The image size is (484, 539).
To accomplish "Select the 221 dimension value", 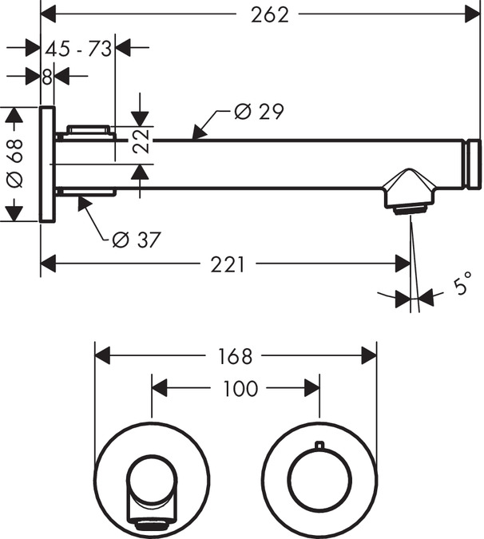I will pyautogui.click(x=228, y=264).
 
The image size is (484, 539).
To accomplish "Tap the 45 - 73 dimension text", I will pyautogui.click(x=77, y=49).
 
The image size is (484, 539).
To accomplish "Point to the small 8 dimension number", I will pyautogui.click(x=47, y=77).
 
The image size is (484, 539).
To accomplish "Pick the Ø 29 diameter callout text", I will pyautogui.click(x=259, y=111).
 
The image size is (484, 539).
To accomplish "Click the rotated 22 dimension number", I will pyautogui.click(x=141, y=142).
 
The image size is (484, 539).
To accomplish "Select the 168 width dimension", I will pyautogui.click(x=236, y=355).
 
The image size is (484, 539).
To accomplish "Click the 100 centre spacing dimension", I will pyautogui.click(x=240, y=388).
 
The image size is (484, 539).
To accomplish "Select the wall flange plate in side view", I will pyautogui.click(x=47, y=164).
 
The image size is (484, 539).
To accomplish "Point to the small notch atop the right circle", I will pyautogui.click(x=319, y=445).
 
